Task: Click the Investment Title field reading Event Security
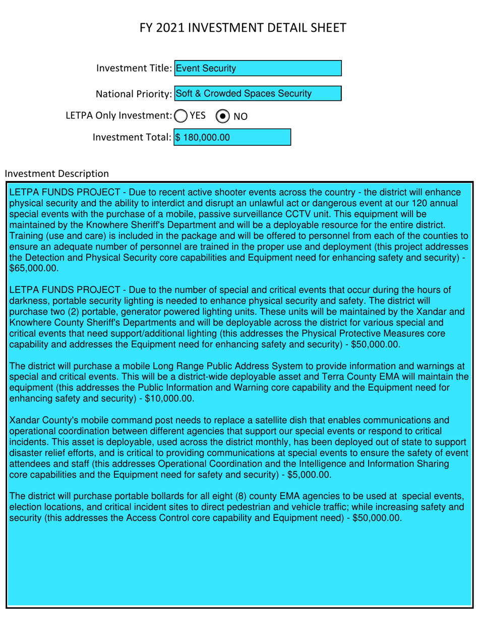coord(257,68)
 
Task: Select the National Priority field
coord(257,94)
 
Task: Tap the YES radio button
coord(180,115)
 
